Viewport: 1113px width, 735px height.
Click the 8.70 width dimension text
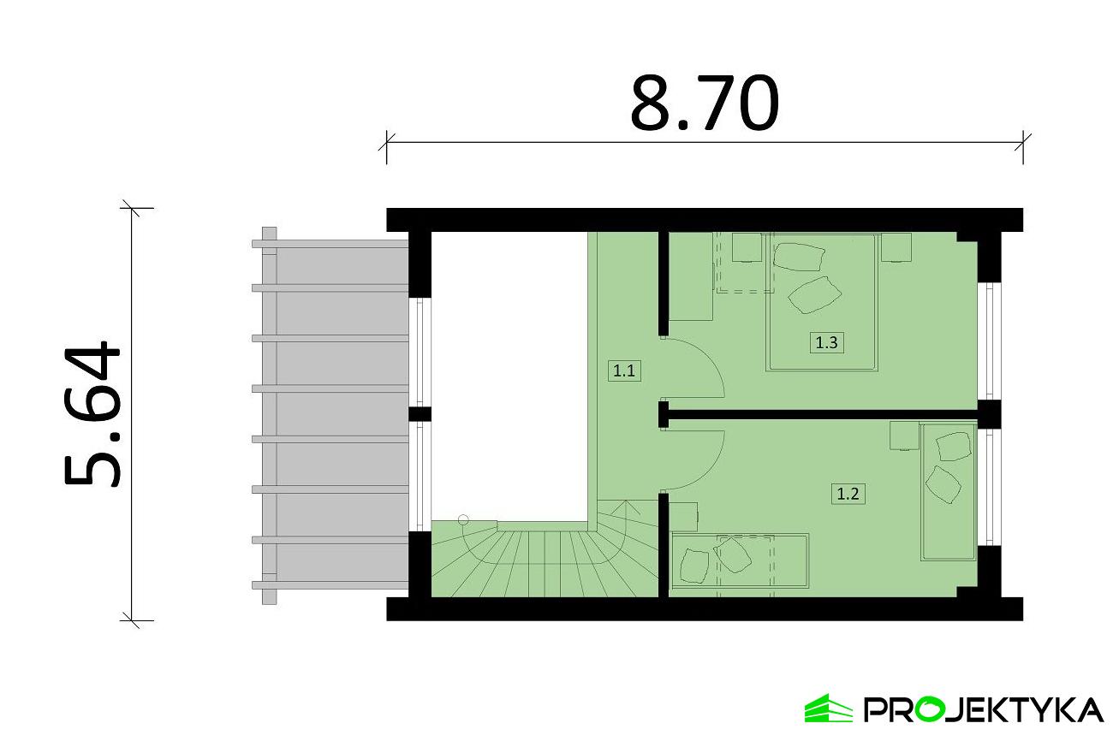pos(704,104)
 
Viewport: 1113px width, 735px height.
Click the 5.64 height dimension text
pos(92,413)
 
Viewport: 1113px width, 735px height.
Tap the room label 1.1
pos(624,371)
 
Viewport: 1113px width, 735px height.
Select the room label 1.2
pos(848,495)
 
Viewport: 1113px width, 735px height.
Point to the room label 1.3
pos(827,342)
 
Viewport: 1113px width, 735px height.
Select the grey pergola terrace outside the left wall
pos(330,416)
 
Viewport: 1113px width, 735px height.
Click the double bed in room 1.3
pos(822,302)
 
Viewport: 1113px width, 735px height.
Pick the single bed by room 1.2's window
pos(948,491)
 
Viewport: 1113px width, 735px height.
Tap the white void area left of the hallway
pos(509,376)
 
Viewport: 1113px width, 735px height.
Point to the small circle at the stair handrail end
pos(463,520)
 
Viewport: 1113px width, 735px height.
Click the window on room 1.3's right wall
pos(989,341)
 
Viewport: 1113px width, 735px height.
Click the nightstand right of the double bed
pos(896,247)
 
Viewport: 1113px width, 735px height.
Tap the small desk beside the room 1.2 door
pos(683,517)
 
